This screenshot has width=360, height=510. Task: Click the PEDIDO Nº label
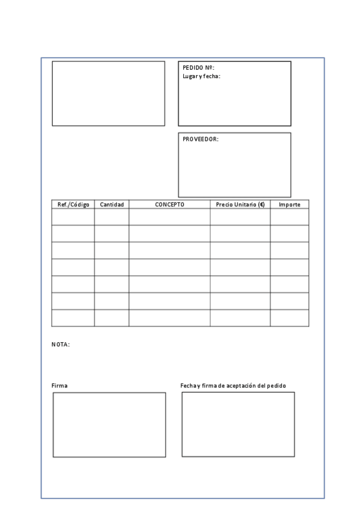198,68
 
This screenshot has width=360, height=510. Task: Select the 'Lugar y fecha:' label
201,76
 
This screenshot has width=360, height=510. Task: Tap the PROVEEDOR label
200,139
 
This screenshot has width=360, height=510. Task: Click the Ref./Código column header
73,204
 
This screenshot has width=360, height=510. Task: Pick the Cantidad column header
112,204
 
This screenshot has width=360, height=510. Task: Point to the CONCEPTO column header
169,204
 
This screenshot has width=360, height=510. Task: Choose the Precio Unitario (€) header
240,204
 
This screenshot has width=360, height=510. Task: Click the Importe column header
290,204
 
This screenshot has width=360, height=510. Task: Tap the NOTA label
60,345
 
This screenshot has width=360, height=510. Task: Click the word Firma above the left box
59,386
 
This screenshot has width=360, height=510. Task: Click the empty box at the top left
108,93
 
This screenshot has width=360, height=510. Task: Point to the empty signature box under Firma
109,425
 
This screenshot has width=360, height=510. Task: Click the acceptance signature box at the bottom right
238,424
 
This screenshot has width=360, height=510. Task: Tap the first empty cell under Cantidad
112,217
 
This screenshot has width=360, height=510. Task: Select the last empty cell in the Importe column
290,318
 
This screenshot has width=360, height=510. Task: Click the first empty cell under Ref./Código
73,217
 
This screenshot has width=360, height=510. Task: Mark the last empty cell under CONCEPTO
169,318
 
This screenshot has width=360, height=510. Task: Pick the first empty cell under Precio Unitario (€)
240,217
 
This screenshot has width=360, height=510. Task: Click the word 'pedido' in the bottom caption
276,386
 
